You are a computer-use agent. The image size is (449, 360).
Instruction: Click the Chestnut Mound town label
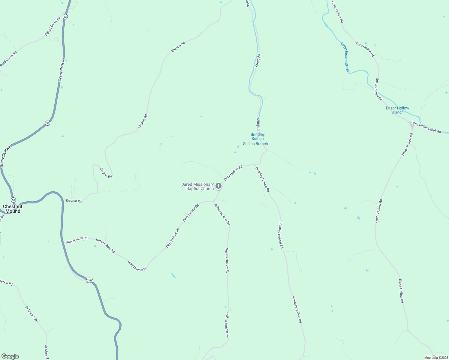13,209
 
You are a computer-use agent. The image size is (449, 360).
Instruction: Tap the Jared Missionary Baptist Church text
197,186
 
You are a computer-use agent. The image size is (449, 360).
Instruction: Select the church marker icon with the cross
218,186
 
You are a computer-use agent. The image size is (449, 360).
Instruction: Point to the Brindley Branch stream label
258,136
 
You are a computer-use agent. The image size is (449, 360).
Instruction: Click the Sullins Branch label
255,144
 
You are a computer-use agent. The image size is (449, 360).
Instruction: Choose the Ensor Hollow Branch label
397,110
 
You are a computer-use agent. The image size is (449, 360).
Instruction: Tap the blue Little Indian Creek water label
345,57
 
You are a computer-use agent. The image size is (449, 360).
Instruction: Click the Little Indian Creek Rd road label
426,127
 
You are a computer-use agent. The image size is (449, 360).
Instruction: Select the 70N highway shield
89,280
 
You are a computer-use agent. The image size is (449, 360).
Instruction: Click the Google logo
10,356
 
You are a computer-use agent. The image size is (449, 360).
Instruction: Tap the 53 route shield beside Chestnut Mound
13,200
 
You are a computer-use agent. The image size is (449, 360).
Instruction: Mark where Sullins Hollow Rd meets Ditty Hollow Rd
214,201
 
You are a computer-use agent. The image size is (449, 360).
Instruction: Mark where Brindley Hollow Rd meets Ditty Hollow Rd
255,165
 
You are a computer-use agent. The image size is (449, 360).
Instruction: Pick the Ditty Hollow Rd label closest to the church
233,173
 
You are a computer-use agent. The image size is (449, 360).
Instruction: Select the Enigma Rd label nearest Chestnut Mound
74,201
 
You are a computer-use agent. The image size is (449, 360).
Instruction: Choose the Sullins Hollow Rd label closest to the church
222,214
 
